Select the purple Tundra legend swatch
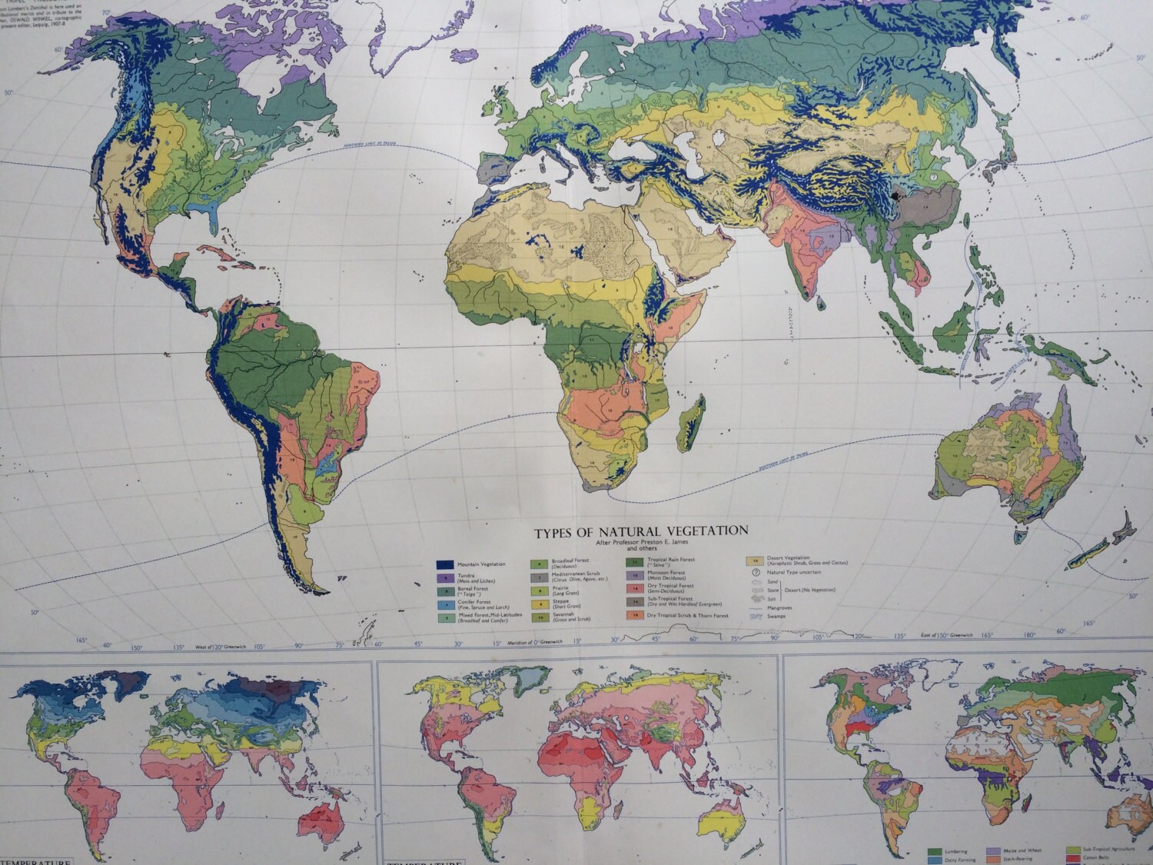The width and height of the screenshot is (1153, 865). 444,577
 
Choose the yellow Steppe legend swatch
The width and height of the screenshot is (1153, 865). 540,604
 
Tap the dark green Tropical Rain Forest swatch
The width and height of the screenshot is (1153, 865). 635,561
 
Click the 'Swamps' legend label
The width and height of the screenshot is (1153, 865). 777,617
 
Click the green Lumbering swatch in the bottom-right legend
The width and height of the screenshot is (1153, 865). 935,852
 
